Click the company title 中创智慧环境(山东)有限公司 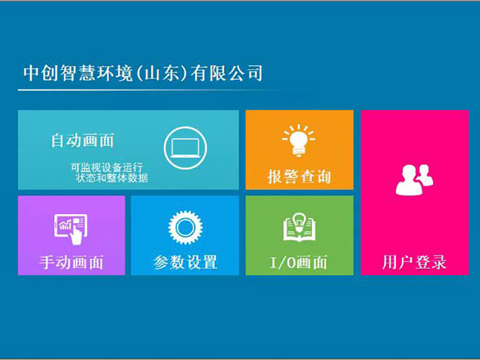(143, 73)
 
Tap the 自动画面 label (82, 141)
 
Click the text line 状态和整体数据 (112, 178)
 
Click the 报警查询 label (299, 177)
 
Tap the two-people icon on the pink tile (414, 179)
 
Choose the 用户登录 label (414, 262)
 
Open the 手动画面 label (71, 262)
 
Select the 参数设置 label (185, 262)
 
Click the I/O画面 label (299, 262)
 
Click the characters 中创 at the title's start (40, 73)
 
